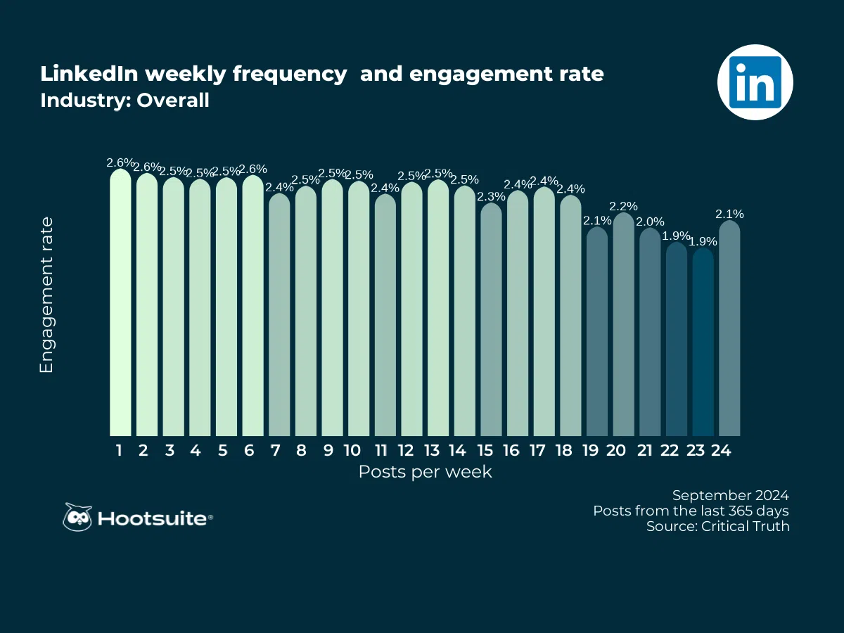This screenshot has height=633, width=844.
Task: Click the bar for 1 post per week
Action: (120, 302)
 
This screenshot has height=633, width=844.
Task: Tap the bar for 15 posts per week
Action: (491, 320)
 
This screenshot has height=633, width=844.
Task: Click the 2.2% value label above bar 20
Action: (623, 206)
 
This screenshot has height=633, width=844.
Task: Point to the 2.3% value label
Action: (491, 196)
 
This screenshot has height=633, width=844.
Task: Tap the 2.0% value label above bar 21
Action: (650, 222)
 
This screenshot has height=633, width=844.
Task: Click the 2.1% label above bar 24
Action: (729, 214)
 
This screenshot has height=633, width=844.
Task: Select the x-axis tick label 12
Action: (406, 451)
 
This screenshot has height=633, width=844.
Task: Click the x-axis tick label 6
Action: (248, 451)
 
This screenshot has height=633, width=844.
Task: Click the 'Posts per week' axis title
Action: (425, 472)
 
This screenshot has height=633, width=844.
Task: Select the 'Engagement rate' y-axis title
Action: (46, 295)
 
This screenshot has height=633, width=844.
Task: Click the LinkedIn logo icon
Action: (755, 82)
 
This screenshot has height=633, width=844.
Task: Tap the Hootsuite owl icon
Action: (77, 518)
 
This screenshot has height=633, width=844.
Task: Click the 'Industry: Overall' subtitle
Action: (124, 101)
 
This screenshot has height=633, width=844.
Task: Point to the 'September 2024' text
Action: (730, 495)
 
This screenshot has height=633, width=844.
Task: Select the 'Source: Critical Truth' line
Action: (717, 526)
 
